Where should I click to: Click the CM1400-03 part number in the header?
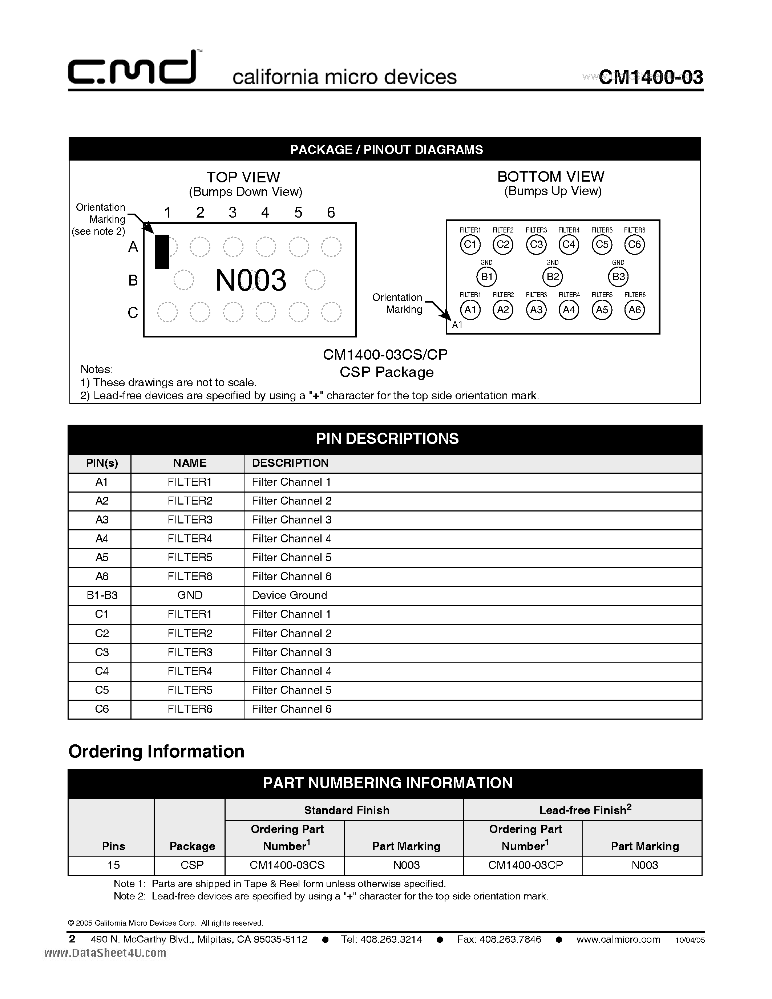coord(650,77)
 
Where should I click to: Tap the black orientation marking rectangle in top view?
coord(161,252)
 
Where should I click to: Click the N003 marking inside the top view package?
coord(251,280)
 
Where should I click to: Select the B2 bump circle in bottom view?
coord(553,277)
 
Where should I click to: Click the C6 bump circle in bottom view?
coord(634,244)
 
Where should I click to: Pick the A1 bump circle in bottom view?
coord(470,310)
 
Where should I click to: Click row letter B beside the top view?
coord(133,280)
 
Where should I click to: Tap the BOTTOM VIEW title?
coord(551,177)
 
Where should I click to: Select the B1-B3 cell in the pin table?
coord(101,595)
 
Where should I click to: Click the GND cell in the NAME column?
coord(190,595)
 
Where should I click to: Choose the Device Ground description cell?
coord(290,595)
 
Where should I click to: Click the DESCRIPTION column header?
coord(290,463)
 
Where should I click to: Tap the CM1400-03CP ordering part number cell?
coord(525,865)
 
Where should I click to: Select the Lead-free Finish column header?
coord(585,810)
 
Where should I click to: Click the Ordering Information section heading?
coord(157,752)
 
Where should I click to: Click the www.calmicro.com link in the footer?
coord(618,939)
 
